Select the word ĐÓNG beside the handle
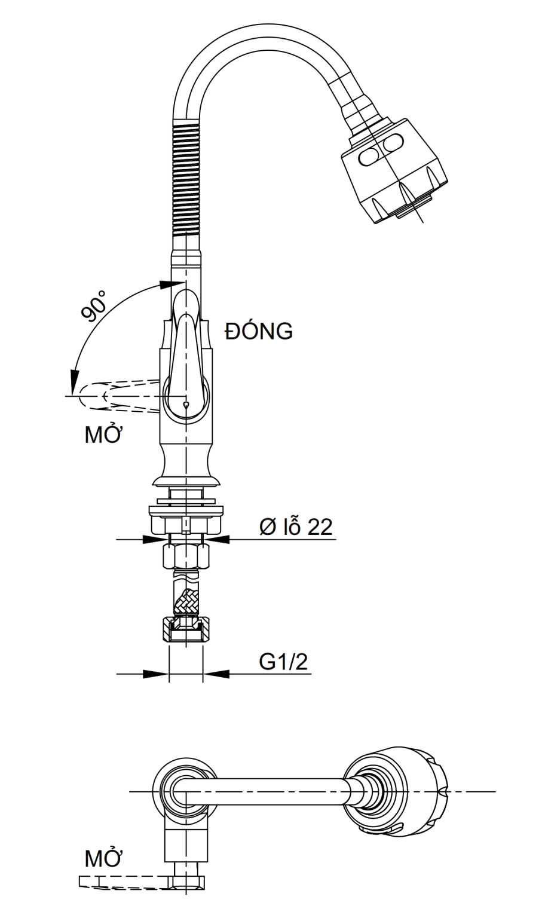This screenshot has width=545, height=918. tap(259, 331)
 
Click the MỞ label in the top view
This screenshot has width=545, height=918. tap(103, 859)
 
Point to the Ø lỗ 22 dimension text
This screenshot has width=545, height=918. tap(295, 527)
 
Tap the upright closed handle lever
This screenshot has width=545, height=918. tap(186, 353)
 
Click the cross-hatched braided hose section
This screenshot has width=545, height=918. tap(186, 601)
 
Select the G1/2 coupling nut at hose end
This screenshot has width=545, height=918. tap(186, 629)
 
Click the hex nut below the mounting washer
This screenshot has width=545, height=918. tap(186, 557)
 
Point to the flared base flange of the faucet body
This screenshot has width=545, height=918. tap(186, 478)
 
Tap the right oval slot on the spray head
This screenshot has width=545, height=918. tap(394, 144)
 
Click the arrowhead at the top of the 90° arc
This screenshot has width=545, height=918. tap(166, 284)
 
